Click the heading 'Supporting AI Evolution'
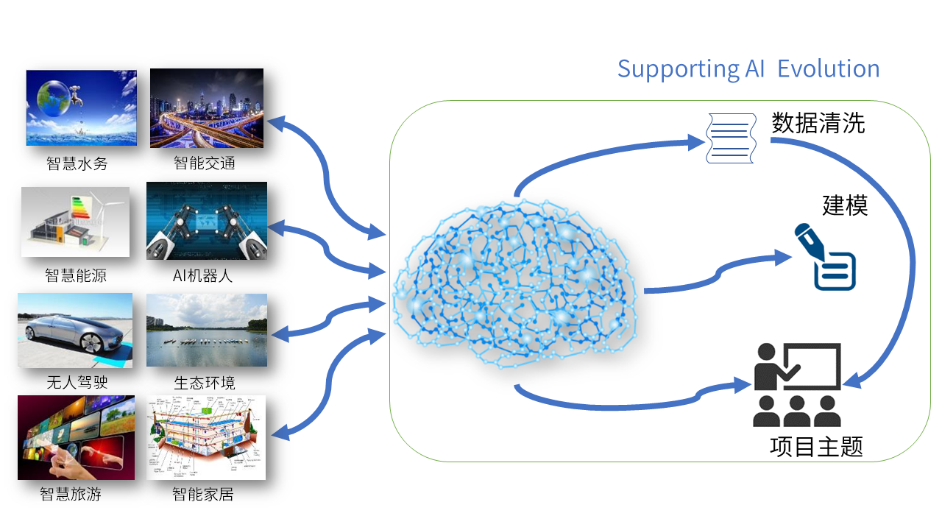pos(748,69)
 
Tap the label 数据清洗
pos(818,123)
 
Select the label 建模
pos(845,205)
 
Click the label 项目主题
pos(816,446)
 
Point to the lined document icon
pos(731,138)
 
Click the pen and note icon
pos(825,257)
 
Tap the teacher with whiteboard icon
pos(797,384)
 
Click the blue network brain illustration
pos(514,283)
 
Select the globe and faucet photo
pos(81,108)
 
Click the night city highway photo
pos(207,108)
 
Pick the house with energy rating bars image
pos(75,222)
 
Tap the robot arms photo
pos(207,221)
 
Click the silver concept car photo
pos(75,330)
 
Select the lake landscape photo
pos(207,330)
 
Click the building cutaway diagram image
pos(207,437)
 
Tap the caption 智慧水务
pos(77,163)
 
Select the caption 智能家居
pos(203,495)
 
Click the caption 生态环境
pos(205,383)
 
